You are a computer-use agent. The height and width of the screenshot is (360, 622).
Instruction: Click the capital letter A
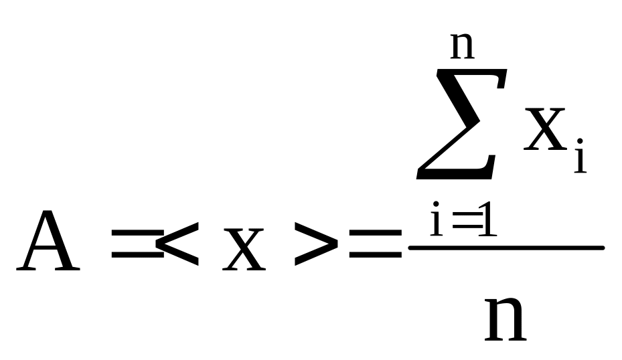tap(48, 240)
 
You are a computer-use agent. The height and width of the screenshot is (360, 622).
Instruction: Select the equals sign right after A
tap(138, 244)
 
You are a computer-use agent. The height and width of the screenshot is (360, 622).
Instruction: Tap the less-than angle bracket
tap(177, 244)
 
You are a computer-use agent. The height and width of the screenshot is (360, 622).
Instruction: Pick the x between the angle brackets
tap(244, 250)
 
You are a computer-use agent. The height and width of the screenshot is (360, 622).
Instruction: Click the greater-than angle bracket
tap(316, 244)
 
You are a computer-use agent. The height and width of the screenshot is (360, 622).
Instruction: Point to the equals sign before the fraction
tap(376, 244)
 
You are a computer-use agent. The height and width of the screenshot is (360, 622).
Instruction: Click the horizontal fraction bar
tap(507, 248)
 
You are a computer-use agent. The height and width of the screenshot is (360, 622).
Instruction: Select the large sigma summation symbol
tap(462, 124)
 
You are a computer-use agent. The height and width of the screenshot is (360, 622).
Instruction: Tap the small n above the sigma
tap(463, 46)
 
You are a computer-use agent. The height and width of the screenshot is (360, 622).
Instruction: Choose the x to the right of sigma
tap(545, 129)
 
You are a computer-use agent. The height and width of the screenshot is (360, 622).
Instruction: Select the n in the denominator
tap(506, 319)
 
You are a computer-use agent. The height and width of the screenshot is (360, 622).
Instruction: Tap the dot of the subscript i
tap(580, 141)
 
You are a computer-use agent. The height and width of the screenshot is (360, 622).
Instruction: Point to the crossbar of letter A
tap(48, 248)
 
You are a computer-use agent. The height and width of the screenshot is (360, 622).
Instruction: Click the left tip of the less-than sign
tap(156, 244)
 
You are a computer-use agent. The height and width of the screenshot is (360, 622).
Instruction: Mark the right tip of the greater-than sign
tap(337, 244)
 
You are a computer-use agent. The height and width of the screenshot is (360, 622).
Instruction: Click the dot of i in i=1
tap(436, 204)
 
